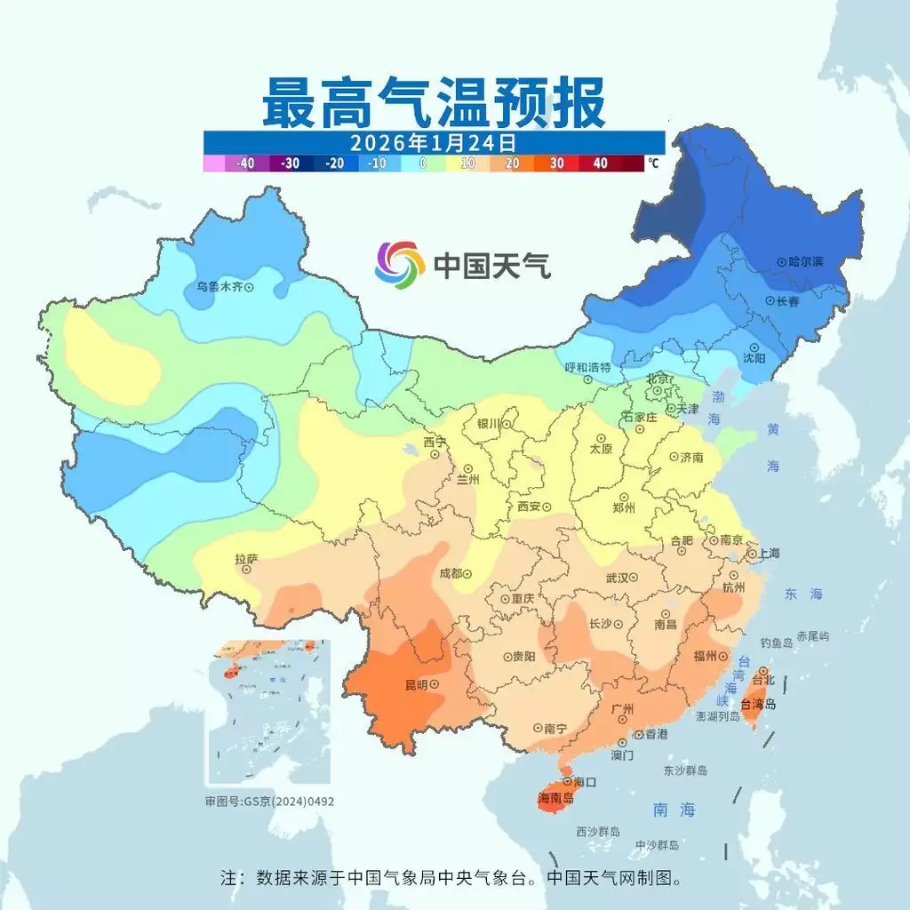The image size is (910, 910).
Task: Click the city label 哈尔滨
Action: [x=805, y=262]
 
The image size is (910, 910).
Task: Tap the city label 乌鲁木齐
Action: [x=219, y=287]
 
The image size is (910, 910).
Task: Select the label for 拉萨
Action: [x=245, y=559]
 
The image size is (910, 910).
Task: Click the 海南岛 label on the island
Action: [x=556, y=798]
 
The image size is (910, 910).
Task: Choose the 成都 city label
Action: [x=451, y=573]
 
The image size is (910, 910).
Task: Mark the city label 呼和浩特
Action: [x=588, y=367]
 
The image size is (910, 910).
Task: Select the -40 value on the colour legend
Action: [x=245, y=164]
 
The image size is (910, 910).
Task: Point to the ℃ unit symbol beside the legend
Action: [x=653, y=164]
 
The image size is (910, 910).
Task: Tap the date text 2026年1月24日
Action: [x=433, y=142]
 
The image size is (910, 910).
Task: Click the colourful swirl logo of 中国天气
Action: [x=399, y=264]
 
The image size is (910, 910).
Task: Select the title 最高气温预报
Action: [x=434, y=102]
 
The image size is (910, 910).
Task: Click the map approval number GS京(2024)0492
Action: [x=269, y=801]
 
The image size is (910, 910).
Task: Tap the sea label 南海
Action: [x=675, y=810]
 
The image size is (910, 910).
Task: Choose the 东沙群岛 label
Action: [x=685, y=770]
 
